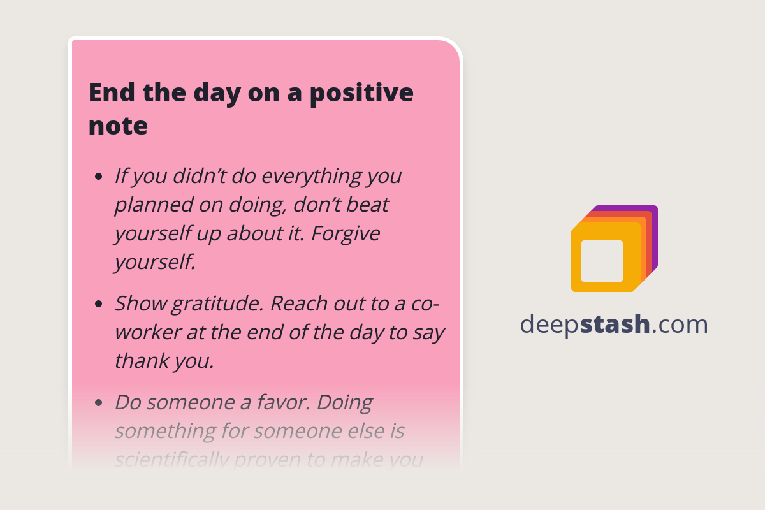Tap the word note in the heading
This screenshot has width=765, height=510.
pos(118,126)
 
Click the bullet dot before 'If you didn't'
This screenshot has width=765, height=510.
pos(98,177)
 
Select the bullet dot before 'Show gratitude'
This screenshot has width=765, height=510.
pos(98,304)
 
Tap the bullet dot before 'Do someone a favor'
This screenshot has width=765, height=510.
pos(98,403)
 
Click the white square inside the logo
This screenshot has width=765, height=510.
pos(602,261)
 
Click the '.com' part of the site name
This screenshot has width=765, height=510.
pos(680,324)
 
